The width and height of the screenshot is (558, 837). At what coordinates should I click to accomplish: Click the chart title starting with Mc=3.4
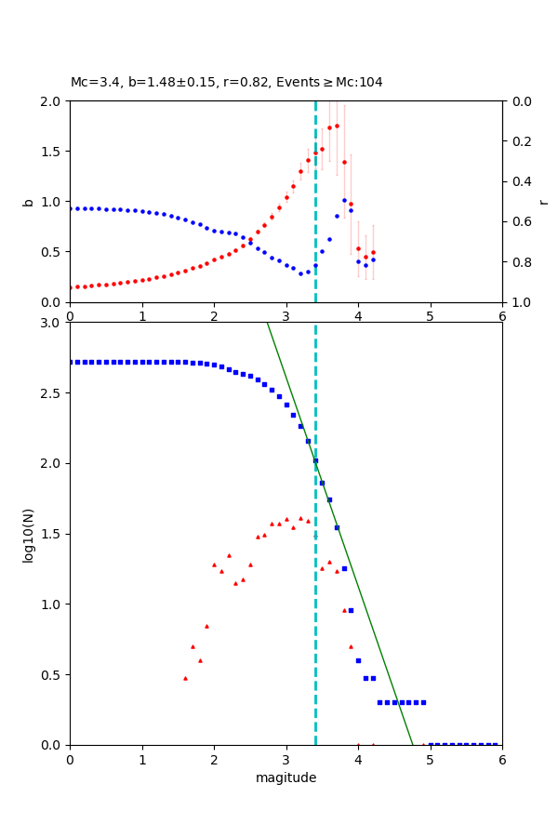[226, 83]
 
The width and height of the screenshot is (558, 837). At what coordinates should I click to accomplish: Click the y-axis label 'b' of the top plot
[28, 201]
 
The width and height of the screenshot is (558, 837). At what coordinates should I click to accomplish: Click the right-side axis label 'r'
[544, 201]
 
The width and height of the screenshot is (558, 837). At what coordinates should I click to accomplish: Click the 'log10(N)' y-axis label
[28, 534]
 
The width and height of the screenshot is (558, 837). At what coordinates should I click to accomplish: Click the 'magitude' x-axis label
[286, 777]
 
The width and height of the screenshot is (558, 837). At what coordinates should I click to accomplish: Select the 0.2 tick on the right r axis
[517, 141]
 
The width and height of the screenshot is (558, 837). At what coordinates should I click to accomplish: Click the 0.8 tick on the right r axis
[517, 262]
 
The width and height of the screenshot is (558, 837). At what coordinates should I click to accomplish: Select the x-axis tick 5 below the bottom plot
[430, 759]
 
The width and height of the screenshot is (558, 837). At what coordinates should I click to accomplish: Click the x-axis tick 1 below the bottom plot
[141, 759]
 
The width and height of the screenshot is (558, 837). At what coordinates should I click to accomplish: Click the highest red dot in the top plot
[337, 126]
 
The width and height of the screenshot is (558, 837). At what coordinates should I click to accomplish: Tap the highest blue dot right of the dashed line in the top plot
[344, 200]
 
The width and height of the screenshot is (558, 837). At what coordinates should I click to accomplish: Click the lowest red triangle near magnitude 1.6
[185, 678]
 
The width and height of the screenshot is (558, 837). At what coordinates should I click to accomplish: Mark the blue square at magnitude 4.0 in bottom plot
[358, 660]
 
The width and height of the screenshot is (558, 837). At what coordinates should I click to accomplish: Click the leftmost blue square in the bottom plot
[71, 362]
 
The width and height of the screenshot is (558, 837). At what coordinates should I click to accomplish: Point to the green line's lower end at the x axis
[412, 744]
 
